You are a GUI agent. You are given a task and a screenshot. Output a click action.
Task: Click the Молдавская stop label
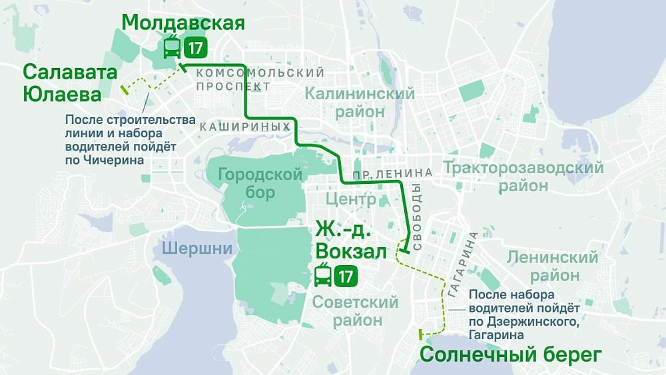[183, 22]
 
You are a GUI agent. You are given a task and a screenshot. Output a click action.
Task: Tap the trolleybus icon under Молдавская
[171, 48]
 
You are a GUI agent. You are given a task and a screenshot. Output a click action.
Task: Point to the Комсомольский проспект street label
[260, 79]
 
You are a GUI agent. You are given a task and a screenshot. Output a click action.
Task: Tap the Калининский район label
[360, 103]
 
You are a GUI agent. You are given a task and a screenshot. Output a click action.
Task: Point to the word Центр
[351, 199]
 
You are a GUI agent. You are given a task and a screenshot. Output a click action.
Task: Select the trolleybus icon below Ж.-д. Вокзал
[323, 275]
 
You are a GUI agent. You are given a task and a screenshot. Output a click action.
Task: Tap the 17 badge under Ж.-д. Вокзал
[346, 275]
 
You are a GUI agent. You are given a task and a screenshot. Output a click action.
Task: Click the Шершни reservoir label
[196, 249]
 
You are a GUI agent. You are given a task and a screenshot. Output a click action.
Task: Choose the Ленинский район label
[552, 266]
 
